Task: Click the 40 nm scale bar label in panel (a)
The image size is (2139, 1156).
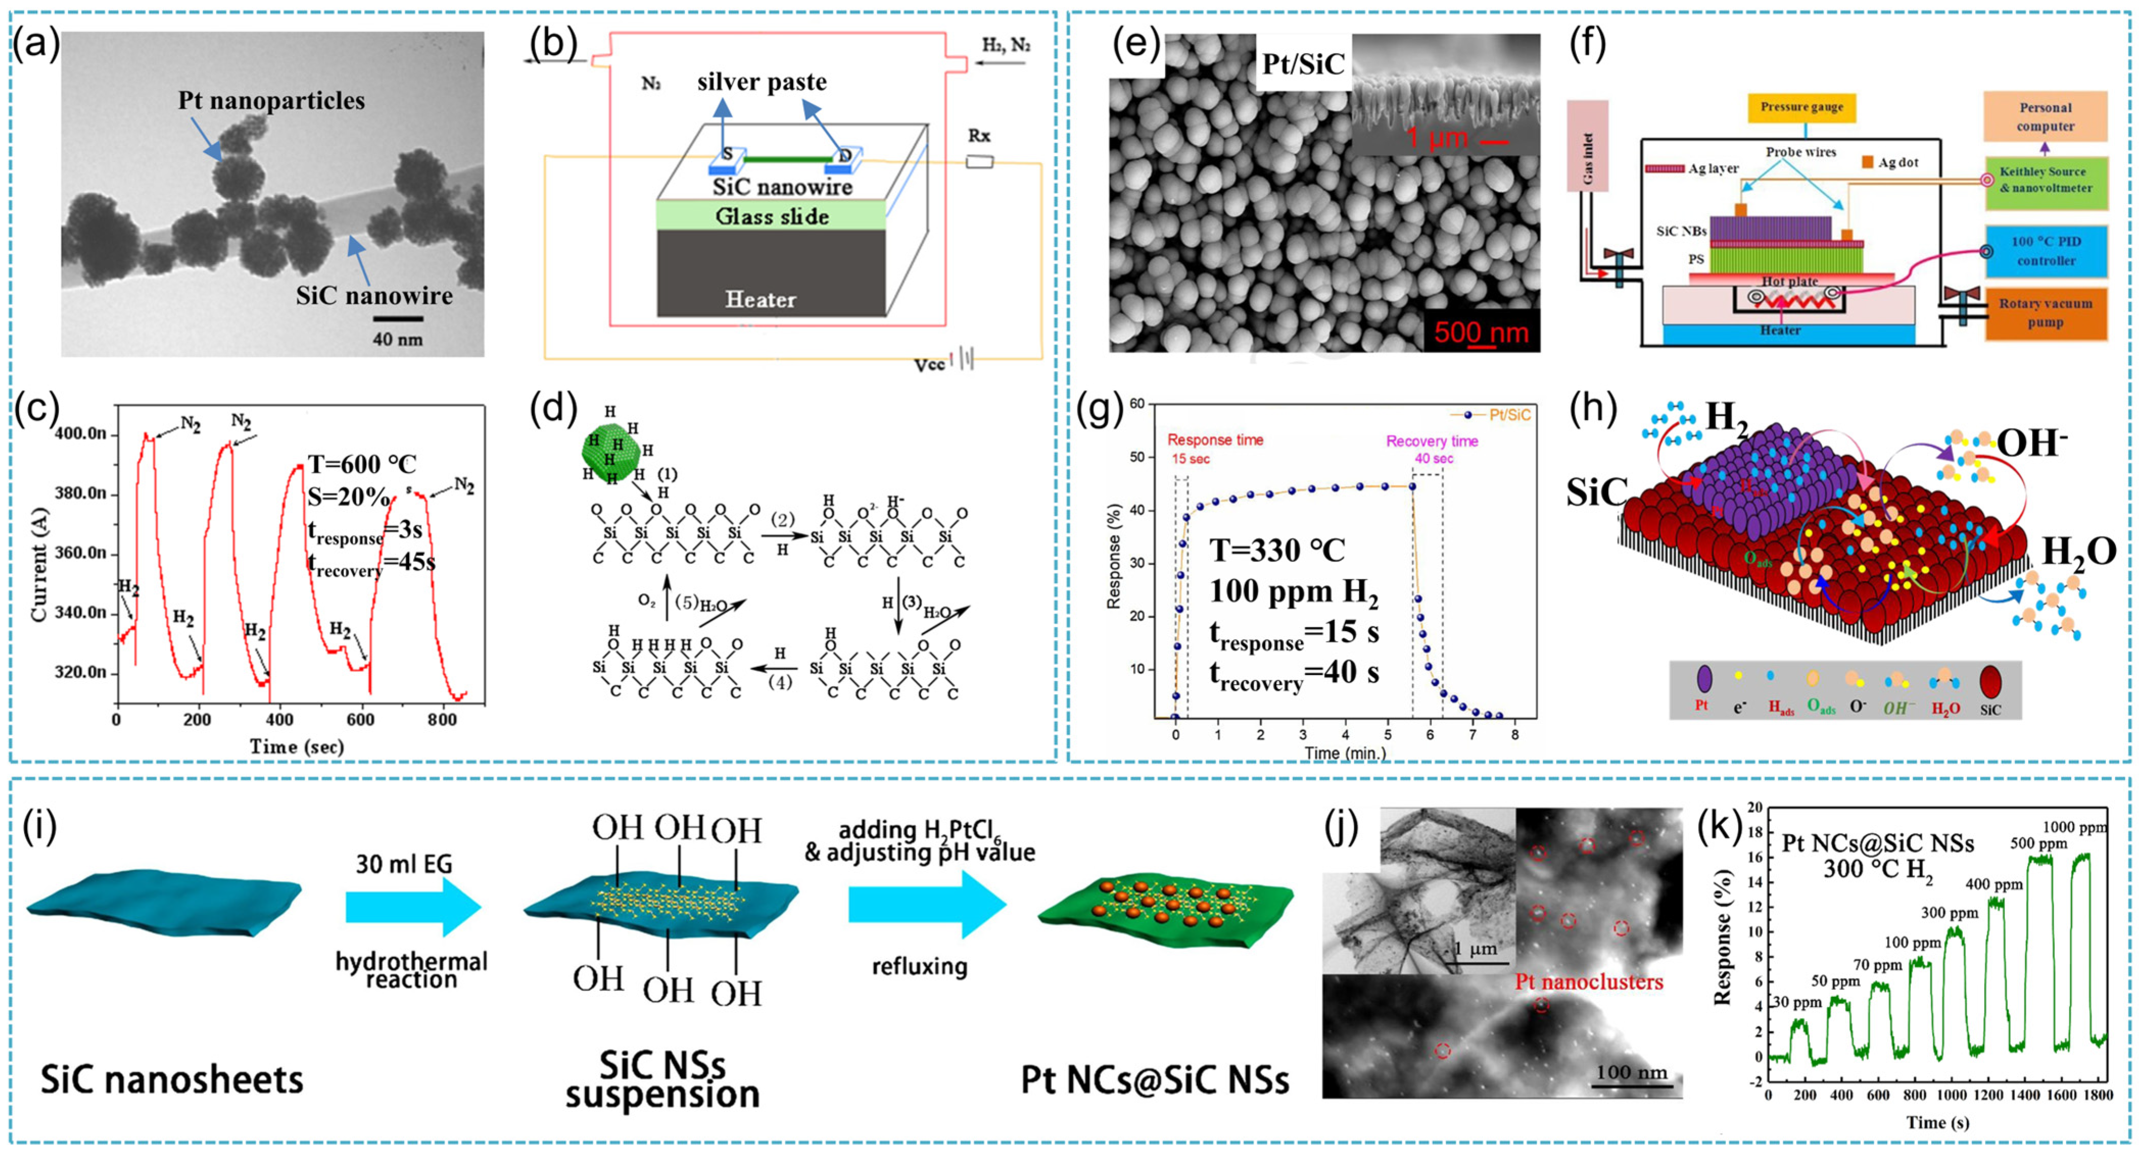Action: (397, 339)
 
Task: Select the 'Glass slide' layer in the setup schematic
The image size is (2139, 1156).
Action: (772, 217)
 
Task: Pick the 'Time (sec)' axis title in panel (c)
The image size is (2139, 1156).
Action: (297, 746)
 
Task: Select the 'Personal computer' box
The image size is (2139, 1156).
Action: (2045, 117)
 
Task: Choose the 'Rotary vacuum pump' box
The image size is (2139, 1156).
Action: (2045, 313)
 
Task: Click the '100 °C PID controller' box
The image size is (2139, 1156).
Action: (2045, 250)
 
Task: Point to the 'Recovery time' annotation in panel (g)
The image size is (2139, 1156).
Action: (1432, 441)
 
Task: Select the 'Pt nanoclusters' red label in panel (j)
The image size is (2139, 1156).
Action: (1589, 982)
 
